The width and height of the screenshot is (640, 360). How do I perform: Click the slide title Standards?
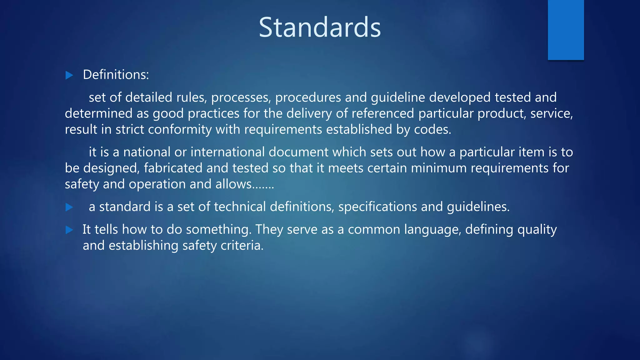[320, 27]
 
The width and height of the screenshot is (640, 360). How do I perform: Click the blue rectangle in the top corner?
[566, 30]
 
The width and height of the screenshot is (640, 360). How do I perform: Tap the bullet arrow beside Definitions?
[69, 75]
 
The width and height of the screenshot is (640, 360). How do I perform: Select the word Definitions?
[116, 75]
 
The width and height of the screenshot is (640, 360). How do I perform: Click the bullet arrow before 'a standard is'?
[69, 207]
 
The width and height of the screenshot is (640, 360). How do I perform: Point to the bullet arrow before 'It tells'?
[69, 230]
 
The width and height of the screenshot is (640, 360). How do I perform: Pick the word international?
[227, 152]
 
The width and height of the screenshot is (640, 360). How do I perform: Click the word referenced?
[383, 113]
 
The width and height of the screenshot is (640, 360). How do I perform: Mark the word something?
[219, 230]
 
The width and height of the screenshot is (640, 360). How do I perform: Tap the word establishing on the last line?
[143, 246]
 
